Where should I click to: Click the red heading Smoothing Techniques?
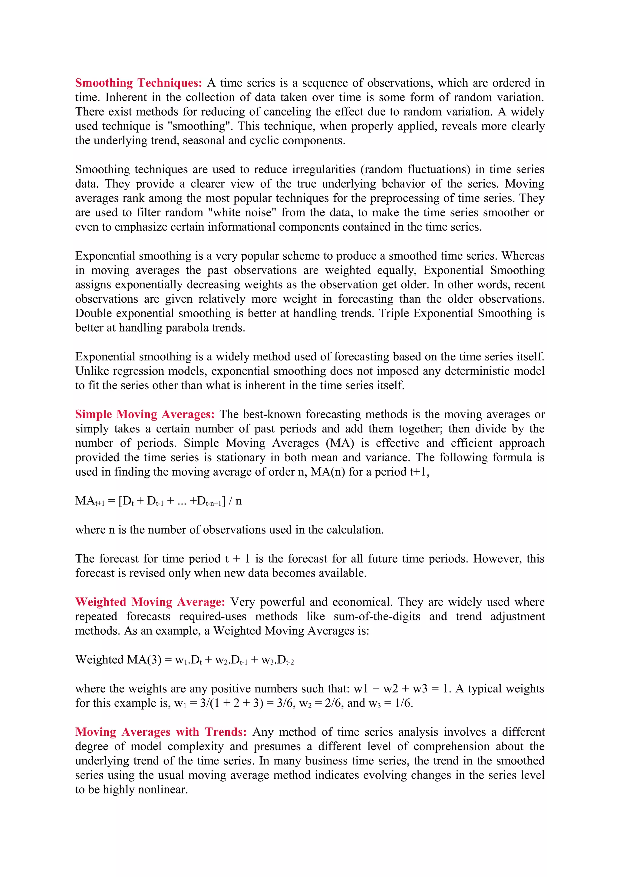[138, 83]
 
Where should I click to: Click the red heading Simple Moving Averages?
[144, 414]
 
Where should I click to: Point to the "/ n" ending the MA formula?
[235, 501]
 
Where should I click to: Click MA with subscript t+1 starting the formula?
[89, 501]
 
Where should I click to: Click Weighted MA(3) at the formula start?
[118, 660]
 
